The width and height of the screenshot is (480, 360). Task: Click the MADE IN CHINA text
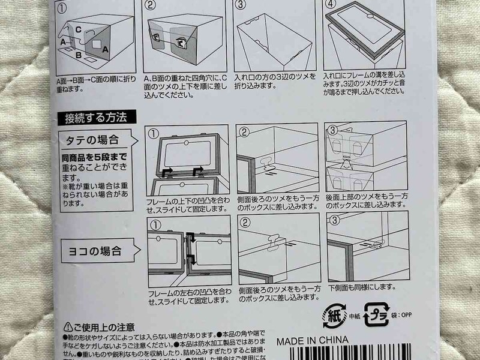[x=312, y=341]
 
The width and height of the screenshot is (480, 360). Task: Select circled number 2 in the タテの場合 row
[x=244, y=132]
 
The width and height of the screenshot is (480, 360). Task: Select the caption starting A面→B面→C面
[x=94, y=83]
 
